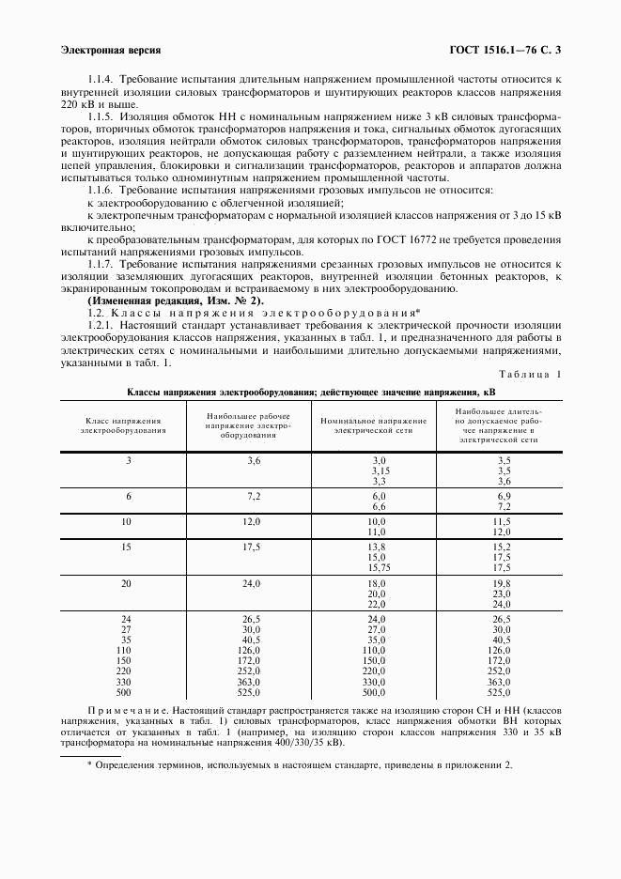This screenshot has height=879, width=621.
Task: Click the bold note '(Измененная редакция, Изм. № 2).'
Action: pos(175,300)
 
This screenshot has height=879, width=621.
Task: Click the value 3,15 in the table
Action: pos(379,470)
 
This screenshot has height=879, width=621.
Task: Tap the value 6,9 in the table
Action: pos(503,495)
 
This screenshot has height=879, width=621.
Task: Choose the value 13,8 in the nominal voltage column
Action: pos(377,546)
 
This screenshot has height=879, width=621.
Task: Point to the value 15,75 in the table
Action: pos(379,567)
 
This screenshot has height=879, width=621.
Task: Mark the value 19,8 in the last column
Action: pos(502,583)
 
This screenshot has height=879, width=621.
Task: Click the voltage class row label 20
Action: pos(127,583)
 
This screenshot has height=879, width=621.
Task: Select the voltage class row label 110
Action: pos(124,650)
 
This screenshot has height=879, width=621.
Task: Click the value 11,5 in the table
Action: pos(502,520)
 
